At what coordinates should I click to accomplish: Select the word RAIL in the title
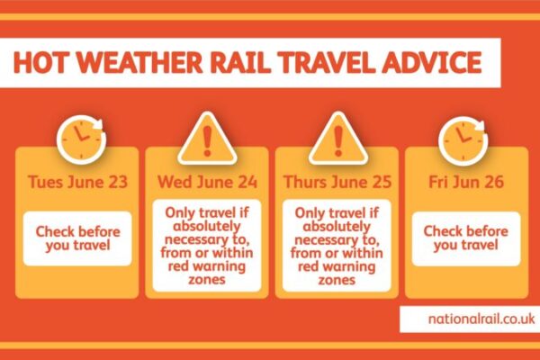(x=239, y=62)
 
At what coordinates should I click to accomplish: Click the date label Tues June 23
(x=77, y=182)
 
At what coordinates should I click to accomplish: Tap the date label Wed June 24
(x=207, y=182)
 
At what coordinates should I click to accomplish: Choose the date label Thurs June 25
(x=337, y=182)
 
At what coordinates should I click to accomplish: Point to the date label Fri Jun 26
(x=466, y=182)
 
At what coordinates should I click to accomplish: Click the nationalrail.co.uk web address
(x=481, y=319)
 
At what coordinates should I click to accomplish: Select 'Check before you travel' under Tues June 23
(x=77, y=238)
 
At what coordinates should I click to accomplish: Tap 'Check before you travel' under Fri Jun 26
(x=466, y=238)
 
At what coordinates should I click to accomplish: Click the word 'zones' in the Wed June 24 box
(x=207, y=279)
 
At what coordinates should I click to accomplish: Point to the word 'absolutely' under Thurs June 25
(x=337, y=226)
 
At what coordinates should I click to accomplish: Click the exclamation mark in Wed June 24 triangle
(x=207, y=141)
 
